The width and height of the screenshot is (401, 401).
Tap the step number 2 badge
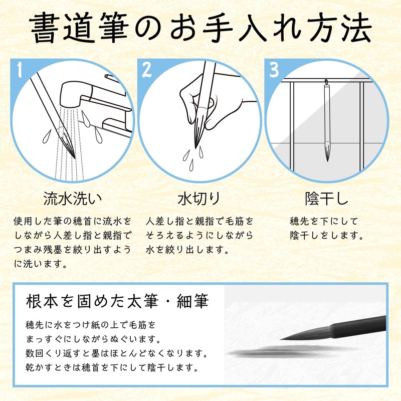coord(146,70)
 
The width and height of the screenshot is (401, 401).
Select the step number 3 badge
coord(274,70)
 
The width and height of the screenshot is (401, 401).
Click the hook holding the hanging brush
coord(326,81)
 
